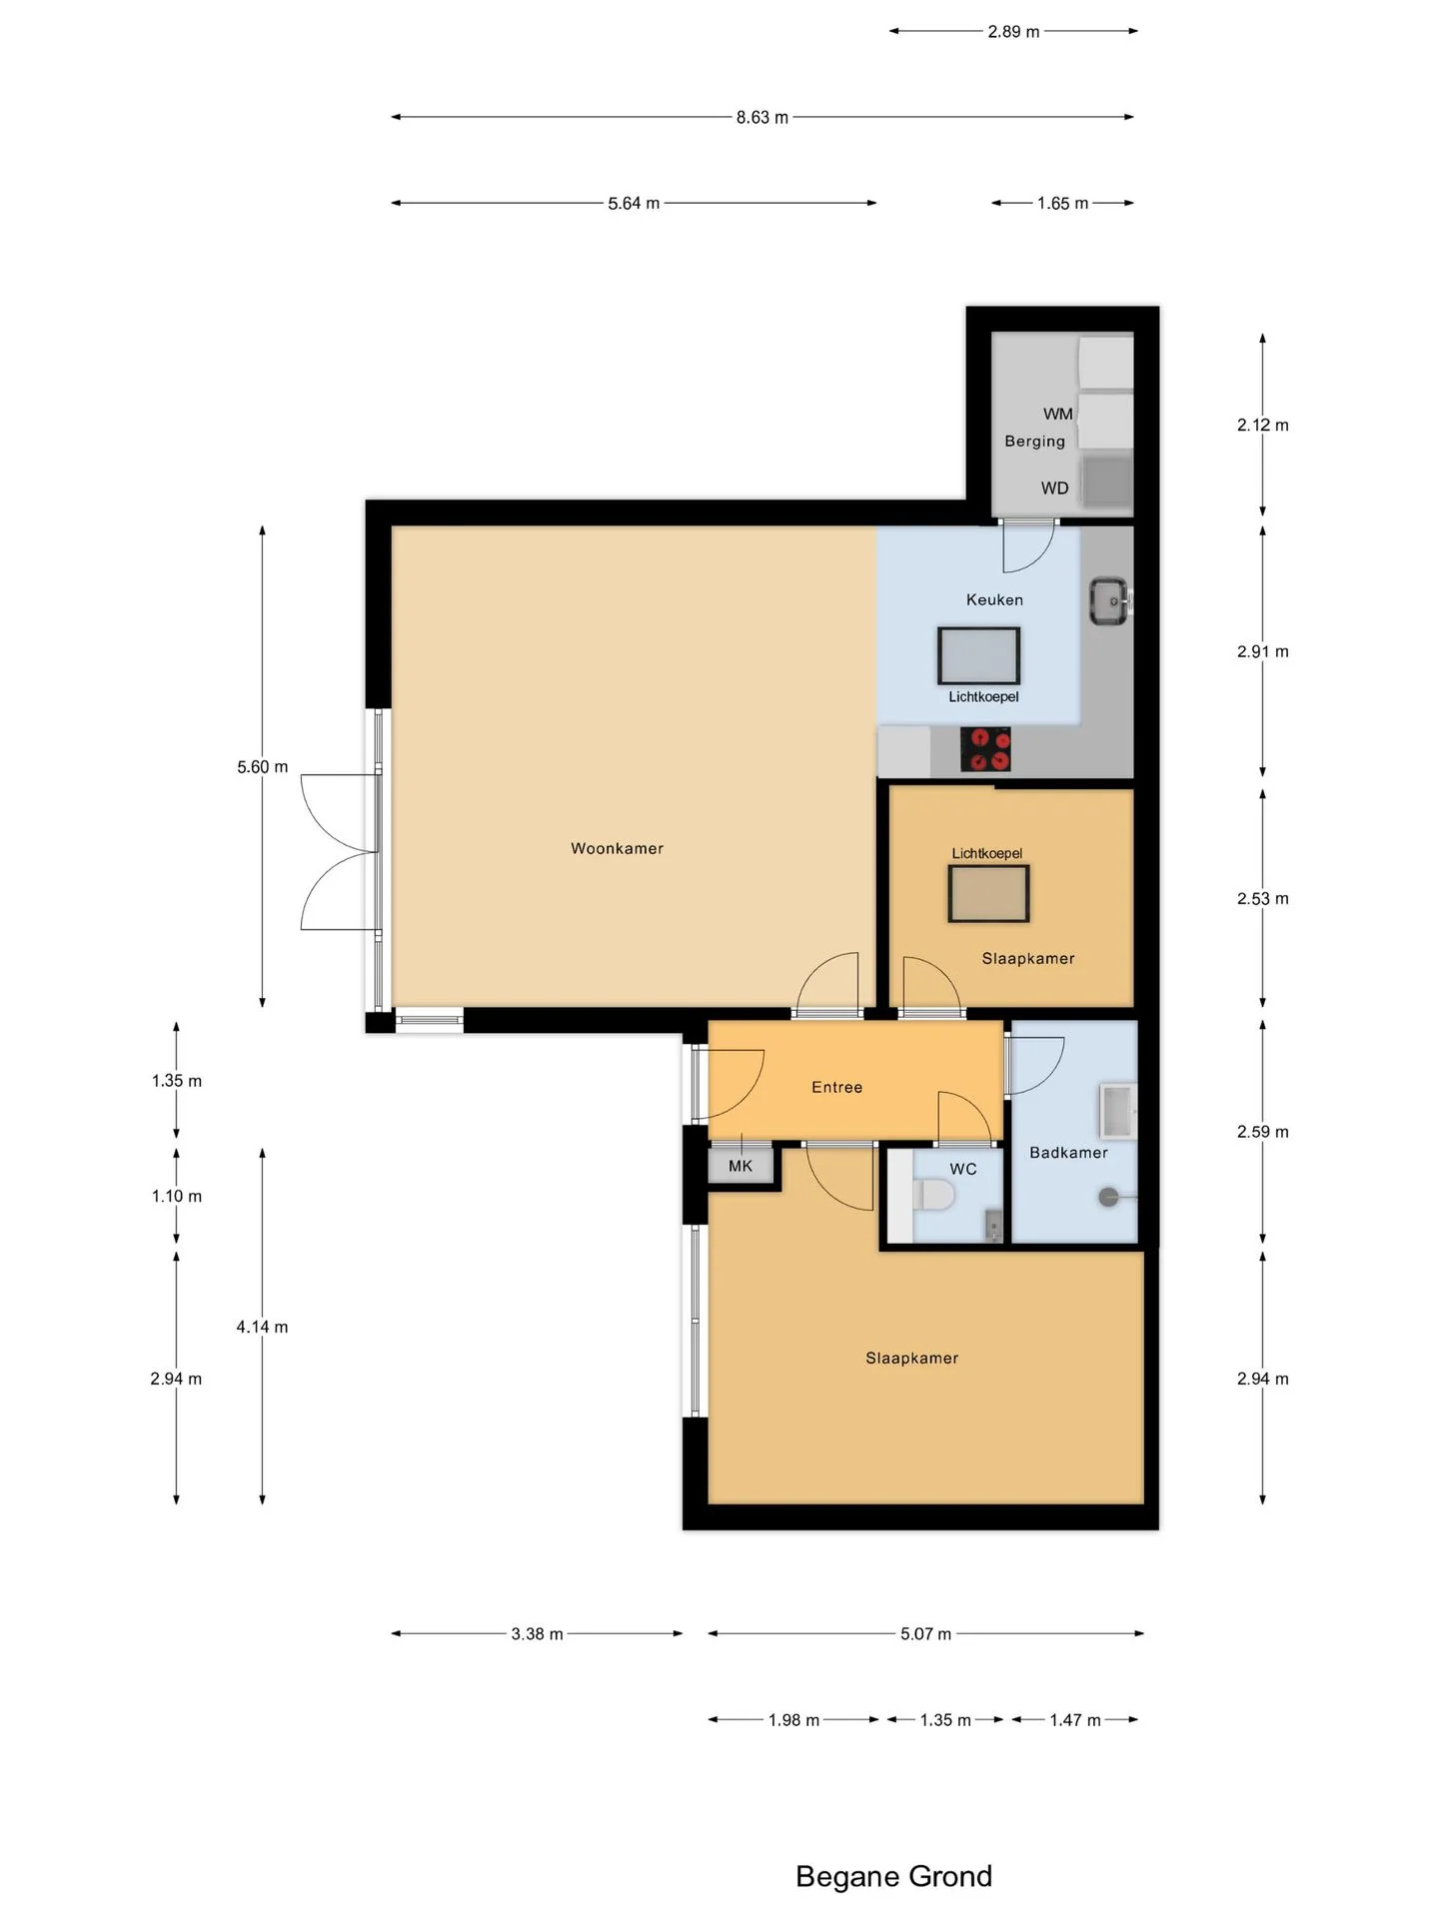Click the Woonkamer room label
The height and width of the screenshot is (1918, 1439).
click(617, 848)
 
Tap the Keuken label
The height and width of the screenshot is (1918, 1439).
click(994, 599)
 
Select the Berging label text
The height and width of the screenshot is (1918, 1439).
click(1034, 442)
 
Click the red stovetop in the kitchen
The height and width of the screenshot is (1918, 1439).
click(985, 749)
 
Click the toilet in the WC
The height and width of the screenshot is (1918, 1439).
click(934, 1195)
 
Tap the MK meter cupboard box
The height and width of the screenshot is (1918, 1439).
click(740, 1166)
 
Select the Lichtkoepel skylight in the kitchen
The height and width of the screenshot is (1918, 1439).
click(978, 656)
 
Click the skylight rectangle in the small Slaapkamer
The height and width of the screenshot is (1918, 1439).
click(988, 893)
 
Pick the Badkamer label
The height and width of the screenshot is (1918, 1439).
click(1068, 1152)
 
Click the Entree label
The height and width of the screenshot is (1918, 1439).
click(836, 1087)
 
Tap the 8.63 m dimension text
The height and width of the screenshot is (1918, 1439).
click(762, 117)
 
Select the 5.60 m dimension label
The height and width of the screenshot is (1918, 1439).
click(262, 767)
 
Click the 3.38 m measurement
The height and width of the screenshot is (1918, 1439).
click(537, 1634)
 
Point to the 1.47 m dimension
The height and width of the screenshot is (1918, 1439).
click(1075, 1720)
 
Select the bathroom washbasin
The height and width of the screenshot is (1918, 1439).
click(1117, 1111)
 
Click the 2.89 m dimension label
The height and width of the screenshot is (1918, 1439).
click(1013, 31)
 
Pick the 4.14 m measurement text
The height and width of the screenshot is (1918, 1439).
click(262, 1327)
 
